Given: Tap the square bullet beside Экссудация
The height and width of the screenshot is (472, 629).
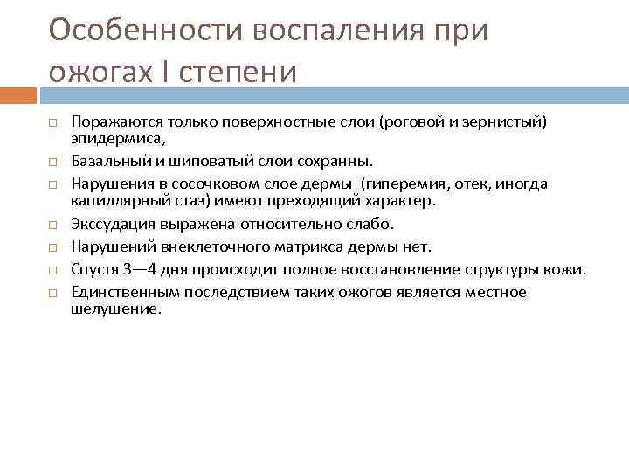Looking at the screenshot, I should tap(52, 225).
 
